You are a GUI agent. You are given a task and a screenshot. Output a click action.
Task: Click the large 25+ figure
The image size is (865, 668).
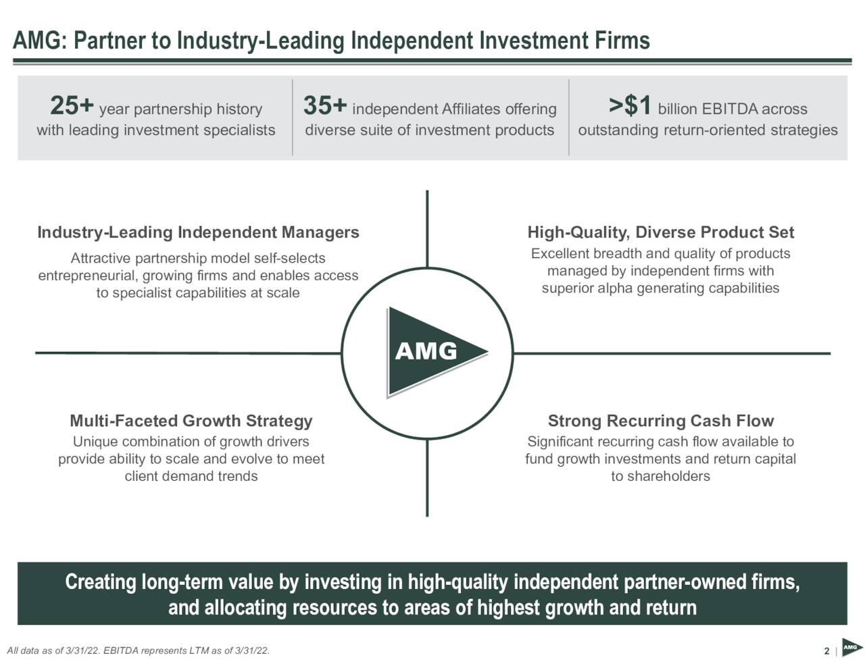coord(72,106)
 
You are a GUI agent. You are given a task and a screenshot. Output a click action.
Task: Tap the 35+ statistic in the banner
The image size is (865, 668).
coord(325,106)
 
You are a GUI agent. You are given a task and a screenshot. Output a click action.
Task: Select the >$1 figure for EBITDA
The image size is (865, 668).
coord(630,106)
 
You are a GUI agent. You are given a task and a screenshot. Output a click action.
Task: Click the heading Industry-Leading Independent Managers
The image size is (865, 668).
coord(198,232)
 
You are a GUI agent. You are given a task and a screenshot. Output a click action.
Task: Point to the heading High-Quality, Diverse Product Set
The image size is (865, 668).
coord(661,232)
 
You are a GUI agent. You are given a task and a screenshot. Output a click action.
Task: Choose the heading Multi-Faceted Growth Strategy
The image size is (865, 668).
coord(191,421)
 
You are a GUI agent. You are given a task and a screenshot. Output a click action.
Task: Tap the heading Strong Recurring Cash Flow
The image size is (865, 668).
coord(661,421)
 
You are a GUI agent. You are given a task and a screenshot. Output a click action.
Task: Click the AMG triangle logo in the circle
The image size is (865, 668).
coord(436,353)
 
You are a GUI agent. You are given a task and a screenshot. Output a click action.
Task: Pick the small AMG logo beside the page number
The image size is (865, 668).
coord(852,648)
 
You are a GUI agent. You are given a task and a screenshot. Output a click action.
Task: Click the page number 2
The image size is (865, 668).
coord(826,651)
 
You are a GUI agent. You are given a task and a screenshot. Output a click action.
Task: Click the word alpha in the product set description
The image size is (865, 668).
coord(616,288)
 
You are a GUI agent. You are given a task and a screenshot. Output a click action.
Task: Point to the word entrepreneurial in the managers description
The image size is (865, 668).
coord(88,276)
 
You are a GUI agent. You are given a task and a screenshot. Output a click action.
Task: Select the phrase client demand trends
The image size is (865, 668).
coord(191,476)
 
